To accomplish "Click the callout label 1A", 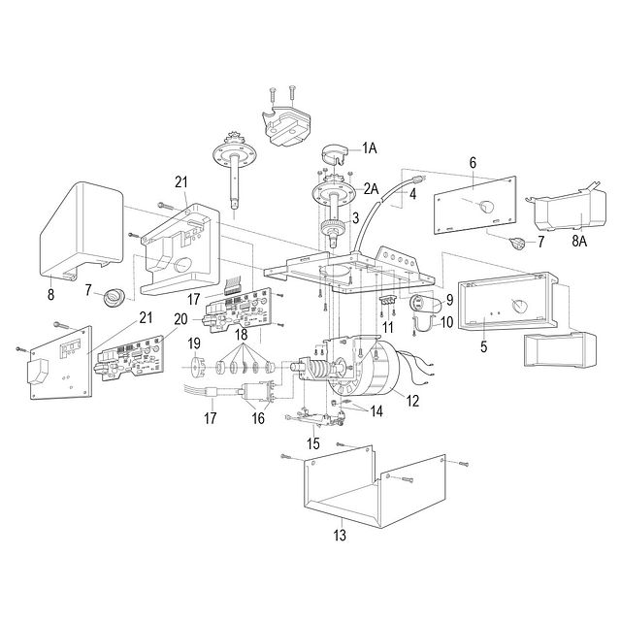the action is [369, 148].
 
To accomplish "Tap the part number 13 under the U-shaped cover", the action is [340, 536].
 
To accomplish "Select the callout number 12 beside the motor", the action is [412, 401].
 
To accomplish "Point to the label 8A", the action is [579, 241].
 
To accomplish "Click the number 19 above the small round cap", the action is [194, 343].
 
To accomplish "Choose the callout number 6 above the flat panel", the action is [473, 163].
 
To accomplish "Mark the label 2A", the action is [371, 189].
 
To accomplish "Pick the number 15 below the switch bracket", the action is [312, 443].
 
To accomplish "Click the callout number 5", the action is [483, 346].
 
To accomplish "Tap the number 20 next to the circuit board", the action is [180, 319].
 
